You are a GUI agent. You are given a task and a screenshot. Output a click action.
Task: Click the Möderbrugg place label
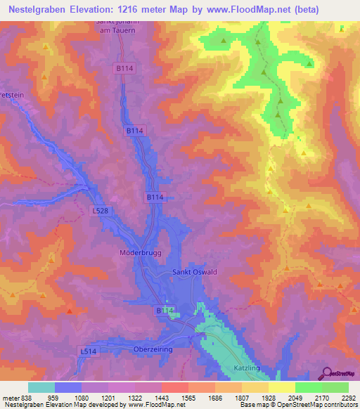[x=132, y=251]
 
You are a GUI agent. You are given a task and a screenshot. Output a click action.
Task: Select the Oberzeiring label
[x=153, y=349]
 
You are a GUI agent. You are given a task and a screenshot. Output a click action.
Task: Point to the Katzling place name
[x=247, y=368]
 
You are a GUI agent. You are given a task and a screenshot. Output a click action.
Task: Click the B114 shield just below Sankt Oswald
[x=164, y=310]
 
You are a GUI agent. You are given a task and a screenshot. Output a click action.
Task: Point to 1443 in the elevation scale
[x=162, y=398]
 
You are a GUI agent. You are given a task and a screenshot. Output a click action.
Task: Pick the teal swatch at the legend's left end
[x=41, y=387]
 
